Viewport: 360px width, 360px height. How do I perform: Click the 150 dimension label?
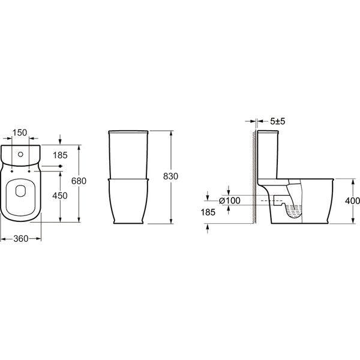click(x=21, y=132)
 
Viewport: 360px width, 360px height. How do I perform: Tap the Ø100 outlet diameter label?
click(x=229, y=200)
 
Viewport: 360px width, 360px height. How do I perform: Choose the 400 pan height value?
click(x=352, y=200)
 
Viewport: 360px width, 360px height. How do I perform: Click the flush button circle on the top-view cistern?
click(x=21, y=155)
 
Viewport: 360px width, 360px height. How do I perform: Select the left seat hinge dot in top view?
click(x=12, y=172)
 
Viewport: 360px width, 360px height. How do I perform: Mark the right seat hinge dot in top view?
click(x=30, y=172)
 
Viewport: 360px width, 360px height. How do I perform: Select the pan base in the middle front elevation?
click(x=128, y=201)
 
